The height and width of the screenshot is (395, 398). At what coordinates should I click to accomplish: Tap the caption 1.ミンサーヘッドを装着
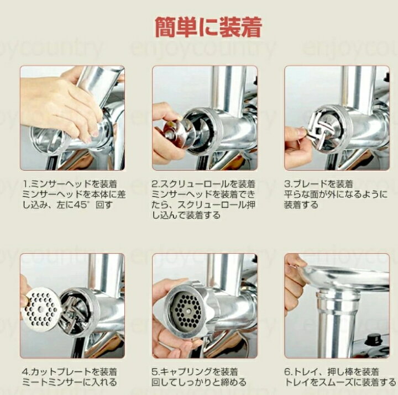70,184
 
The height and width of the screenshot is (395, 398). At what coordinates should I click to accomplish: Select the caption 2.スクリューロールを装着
203,184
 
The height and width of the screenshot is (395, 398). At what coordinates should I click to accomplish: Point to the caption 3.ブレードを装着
318,184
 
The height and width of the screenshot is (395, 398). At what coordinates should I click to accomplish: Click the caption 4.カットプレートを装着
70,372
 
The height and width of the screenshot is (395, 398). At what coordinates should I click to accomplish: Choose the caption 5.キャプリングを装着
195,372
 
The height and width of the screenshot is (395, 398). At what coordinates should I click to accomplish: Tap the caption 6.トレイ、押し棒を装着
332,372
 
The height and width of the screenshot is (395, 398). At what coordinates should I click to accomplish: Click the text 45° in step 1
82,205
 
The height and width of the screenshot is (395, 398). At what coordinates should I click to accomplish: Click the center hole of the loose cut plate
40,309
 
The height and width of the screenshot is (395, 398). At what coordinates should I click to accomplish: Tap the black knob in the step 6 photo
373,339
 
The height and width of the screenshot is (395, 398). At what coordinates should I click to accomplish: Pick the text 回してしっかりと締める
199,382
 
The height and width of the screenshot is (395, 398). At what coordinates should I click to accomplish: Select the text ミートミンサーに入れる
70,382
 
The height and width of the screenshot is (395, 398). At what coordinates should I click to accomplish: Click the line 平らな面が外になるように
336,194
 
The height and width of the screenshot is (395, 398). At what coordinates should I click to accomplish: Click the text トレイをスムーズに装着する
340,382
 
